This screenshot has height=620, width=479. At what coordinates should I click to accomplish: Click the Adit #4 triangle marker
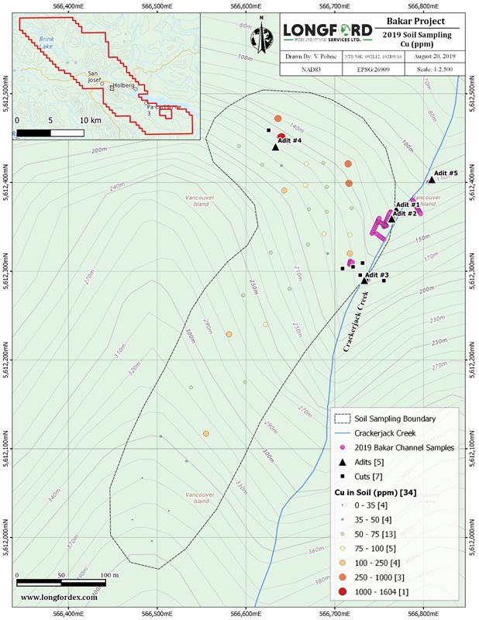[275, 146]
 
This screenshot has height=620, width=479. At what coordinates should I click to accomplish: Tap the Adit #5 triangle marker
[431, 180]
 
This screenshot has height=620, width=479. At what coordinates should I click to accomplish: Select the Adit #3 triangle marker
[364, 281]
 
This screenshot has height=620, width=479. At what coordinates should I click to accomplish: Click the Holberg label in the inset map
[123, 85]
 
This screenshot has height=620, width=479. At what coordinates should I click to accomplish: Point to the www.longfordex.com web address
[59, 597]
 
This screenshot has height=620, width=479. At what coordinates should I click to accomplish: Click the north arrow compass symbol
[262, 30]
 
